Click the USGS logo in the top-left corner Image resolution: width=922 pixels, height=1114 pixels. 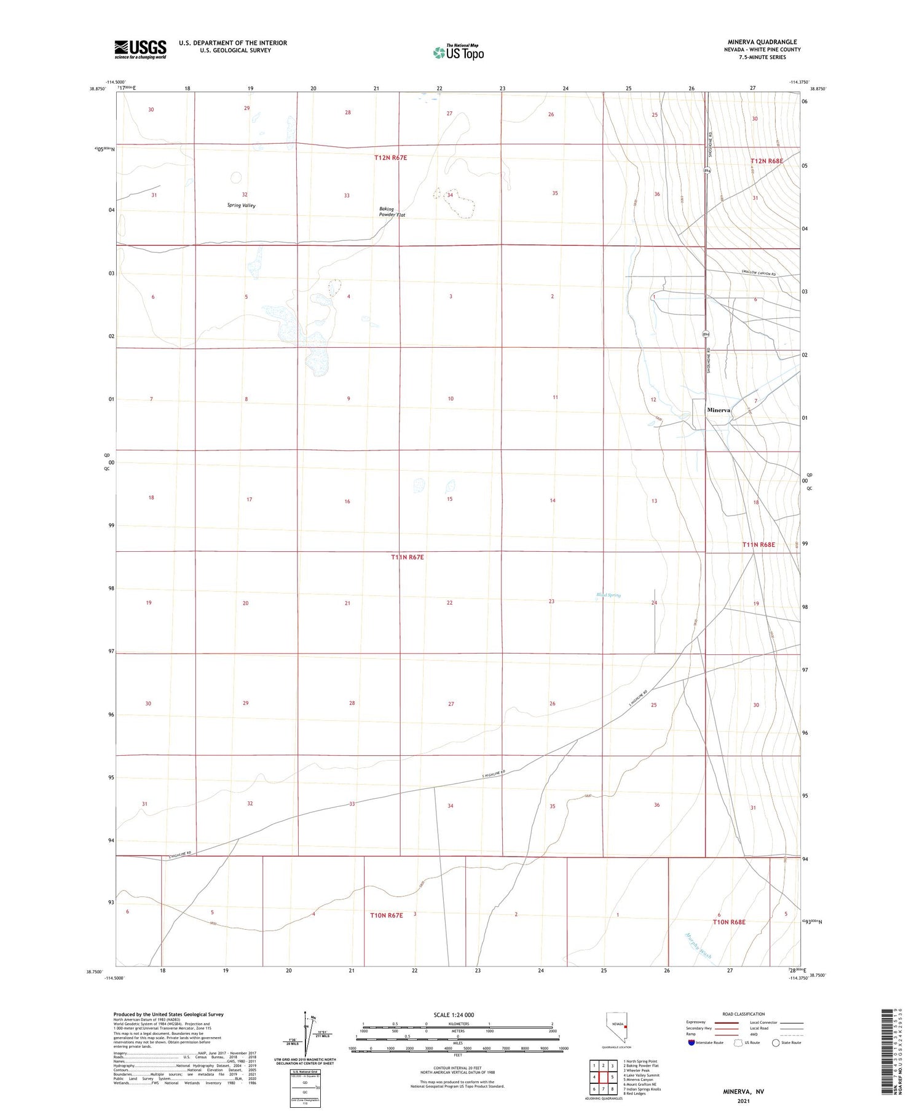coord(140,49)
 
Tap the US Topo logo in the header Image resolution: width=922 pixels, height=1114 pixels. coord(458,53)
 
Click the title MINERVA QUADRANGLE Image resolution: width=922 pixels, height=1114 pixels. coord(762,42)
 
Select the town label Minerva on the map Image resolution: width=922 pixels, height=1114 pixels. coord(719,410)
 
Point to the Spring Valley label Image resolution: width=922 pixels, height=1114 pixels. coord(241,205)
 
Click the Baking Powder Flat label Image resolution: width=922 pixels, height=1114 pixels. coord(392,212)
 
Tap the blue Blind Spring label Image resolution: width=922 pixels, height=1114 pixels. coord(609,595)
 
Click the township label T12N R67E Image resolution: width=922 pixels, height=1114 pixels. coord(390,158)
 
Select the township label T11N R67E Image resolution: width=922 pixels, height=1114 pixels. coord(407,557)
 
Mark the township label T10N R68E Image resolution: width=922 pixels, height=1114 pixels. coord(729,922)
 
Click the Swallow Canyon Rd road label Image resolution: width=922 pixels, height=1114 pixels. coord(758,273)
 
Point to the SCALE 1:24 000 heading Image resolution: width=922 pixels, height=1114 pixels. coord(454,1014)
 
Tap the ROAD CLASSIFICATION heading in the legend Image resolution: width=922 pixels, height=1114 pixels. coord(744,1014)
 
